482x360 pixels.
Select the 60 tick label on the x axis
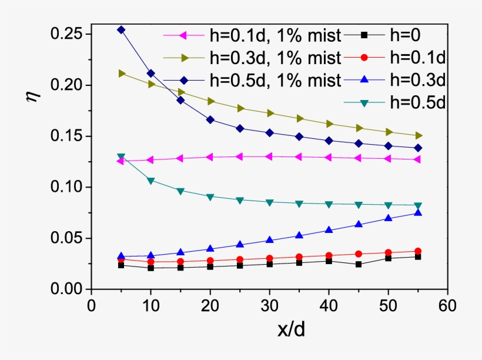coord(448,306)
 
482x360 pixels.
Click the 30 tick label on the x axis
coord(269,306)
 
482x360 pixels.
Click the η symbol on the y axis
coord(32,95)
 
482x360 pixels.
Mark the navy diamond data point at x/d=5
coord(121,29)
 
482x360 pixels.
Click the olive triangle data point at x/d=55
coord(418,136)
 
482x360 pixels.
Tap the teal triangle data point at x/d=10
coord(150,181)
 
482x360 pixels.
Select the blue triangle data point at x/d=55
coord(418,213)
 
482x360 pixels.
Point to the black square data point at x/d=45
coord(359,264)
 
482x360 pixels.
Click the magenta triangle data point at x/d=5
coord(120,161)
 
